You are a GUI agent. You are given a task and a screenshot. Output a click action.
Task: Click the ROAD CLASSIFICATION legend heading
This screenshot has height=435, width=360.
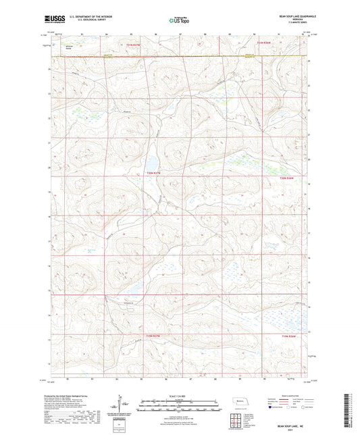(290, 395)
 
